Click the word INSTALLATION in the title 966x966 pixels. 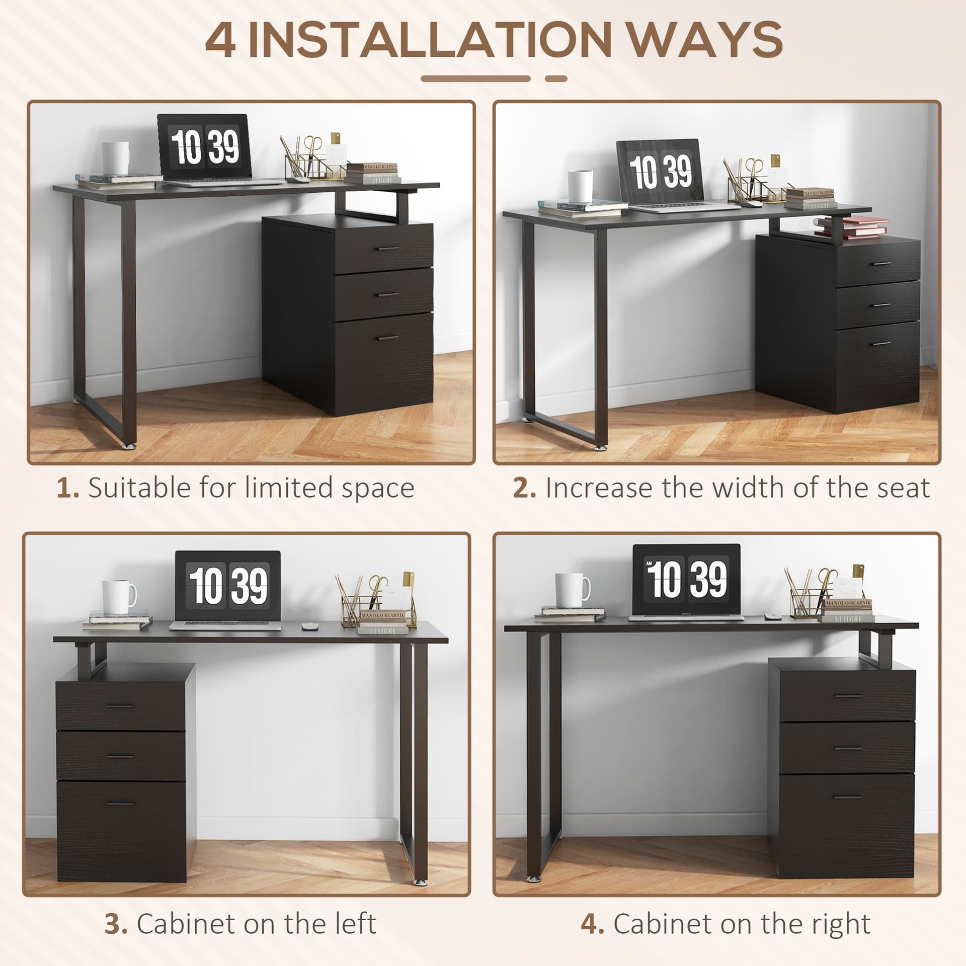(x=430, y=41)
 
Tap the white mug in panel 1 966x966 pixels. (x=115, y=158)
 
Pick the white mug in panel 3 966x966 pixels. (x=118, y=597)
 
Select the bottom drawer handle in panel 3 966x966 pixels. (x=121, y=803)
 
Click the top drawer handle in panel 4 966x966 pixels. (x=848, y=696)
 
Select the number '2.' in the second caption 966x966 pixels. (x=524, y=488)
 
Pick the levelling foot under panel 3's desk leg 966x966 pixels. (x=419, y=882)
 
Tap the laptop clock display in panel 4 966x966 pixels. (x=686, y=580)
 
